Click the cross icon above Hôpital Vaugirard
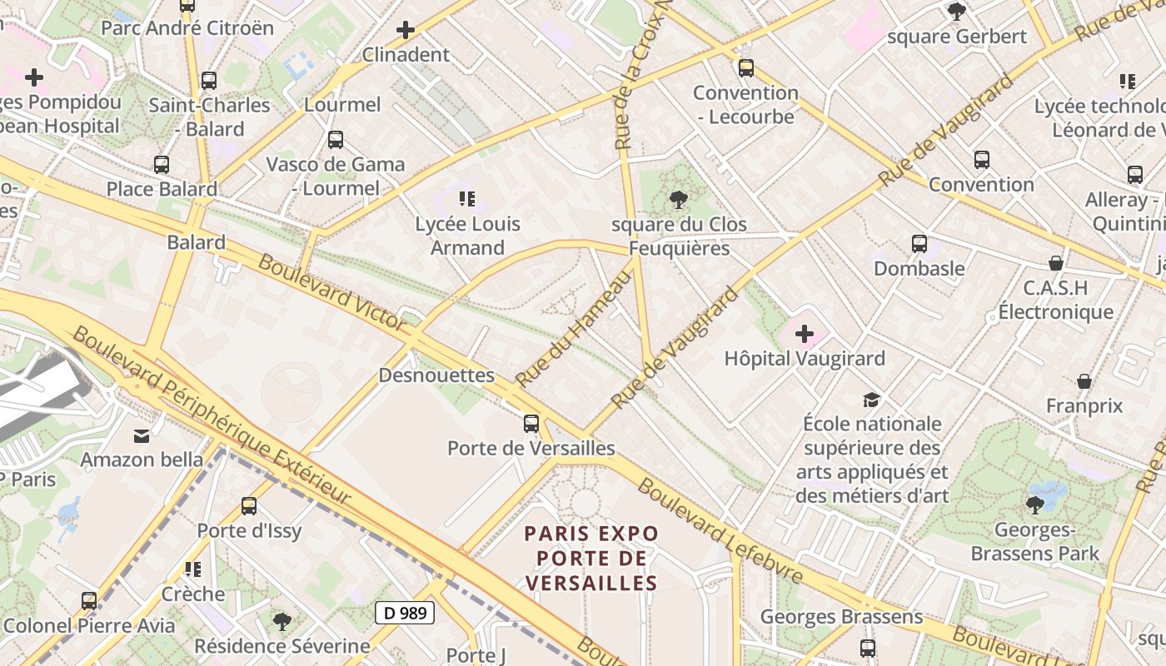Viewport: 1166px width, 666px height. (805, 335)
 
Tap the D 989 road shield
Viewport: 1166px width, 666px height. (406, 614)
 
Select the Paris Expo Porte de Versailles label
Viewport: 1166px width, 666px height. (591, 558)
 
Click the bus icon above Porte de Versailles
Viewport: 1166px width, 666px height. (531, 424)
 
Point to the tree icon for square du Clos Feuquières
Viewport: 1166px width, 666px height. (679, 200)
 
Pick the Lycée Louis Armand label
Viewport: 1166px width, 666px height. (467, 236)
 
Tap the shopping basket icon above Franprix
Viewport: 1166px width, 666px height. (1084, 381)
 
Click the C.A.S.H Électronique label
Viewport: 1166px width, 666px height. (1056, 300)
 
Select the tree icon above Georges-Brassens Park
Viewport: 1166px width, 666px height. (1034, 504)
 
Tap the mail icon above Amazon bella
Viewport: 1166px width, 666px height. (142, 435)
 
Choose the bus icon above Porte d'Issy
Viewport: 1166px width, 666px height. (249, 506)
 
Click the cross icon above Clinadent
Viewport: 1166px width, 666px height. (406, 31)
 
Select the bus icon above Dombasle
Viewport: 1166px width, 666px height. (919, 244)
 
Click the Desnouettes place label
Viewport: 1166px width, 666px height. (436, 375)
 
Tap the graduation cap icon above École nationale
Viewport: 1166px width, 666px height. (871, 400)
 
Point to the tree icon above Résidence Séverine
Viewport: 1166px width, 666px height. (282, 621)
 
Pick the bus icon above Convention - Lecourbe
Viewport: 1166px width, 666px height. (746, 68)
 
